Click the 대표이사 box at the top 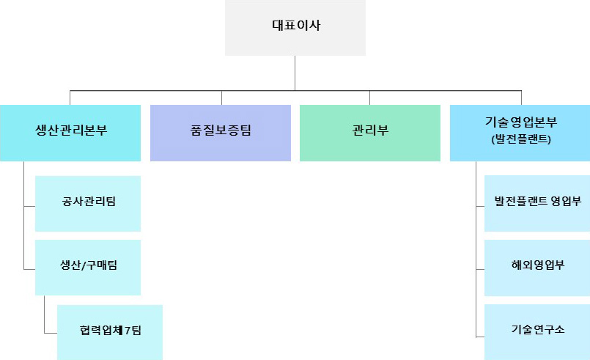tap(295, 27)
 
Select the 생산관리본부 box tap(70, 133)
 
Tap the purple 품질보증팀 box tap(220, 133)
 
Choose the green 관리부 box tap(369, 133)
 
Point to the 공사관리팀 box tap(88, 203)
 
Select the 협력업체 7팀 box tap(110, 331)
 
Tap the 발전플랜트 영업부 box tap(537, 203)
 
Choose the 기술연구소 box tap(537, 331)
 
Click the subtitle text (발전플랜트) tap(521, 139)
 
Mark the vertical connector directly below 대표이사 tap(295, 73)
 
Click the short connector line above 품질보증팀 tap(221, 98)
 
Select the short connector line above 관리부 tap(369, 98)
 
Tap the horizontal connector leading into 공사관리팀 tap(29, 208)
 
